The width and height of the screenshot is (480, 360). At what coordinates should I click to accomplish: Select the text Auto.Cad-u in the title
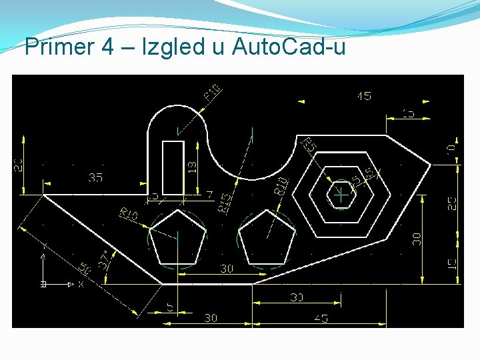(289, 47)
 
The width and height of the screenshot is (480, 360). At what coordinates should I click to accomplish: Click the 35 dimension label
(96, 178)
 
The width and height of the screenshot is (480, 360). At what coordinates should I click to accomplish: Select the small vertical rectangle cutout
(173, 167)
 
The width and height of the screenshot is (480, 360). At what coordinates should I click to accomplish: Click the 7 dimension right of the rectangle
(209, 195)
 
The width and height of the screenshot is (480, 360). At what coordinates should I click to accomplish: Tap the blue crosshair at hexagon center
(341, 196)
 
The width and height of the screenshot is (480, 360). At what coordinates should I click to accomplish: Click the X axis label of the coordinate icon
(81, 285)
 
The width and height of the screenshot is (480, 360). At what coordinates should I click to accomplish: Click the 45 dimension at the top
(363, 96)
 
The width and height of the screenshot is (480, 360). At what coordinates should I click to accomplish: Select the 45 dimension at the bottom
(321, 319)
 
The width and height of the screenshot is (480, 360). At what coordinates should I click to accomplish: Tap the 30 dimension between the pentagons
(227, 269)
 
